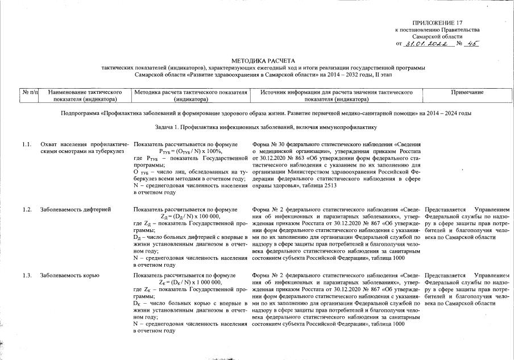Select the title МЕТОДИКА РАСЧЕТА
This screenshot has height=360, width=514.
pyautogui.click(x=263, y=60)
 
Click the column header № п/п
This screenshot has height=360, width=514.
pyautogui.click(x=30, y=92)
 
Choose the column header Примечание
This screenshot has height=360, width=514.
pyautogui.click(x=467, y=92)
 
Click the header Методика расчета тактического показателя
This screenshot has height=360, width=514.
pyautogui.click(x=190, y=95)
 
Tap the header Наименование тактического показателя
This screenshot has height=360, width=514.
pyautogui.click(x=86, y=95)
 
